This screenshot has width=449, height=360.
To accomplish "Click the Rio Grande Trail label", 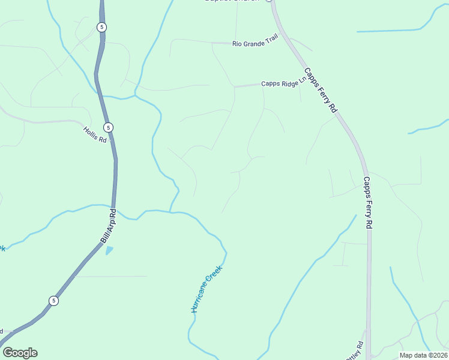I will click(256, 43).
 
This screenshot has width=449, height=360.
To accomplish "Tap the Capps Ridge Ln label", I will click(279, 84).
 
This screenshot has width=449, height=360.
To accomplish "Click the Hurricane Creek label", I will click(206, 290).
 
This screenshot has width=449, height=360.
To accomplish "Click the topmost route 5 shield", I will click(102, 27).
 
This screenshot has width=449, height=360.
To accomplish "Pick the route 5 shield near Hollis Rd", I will click(108, 127).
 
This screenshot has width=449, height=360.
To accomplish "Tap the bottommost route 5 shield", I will click(53, 301).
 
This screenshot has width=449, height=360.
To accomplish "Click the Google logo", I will click(20, 353).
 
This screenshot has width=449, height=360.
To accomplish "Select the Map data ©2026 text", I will click(423, 355).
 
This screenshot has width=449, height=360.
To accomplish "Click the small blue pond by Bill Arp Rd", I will click(109, 250).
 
